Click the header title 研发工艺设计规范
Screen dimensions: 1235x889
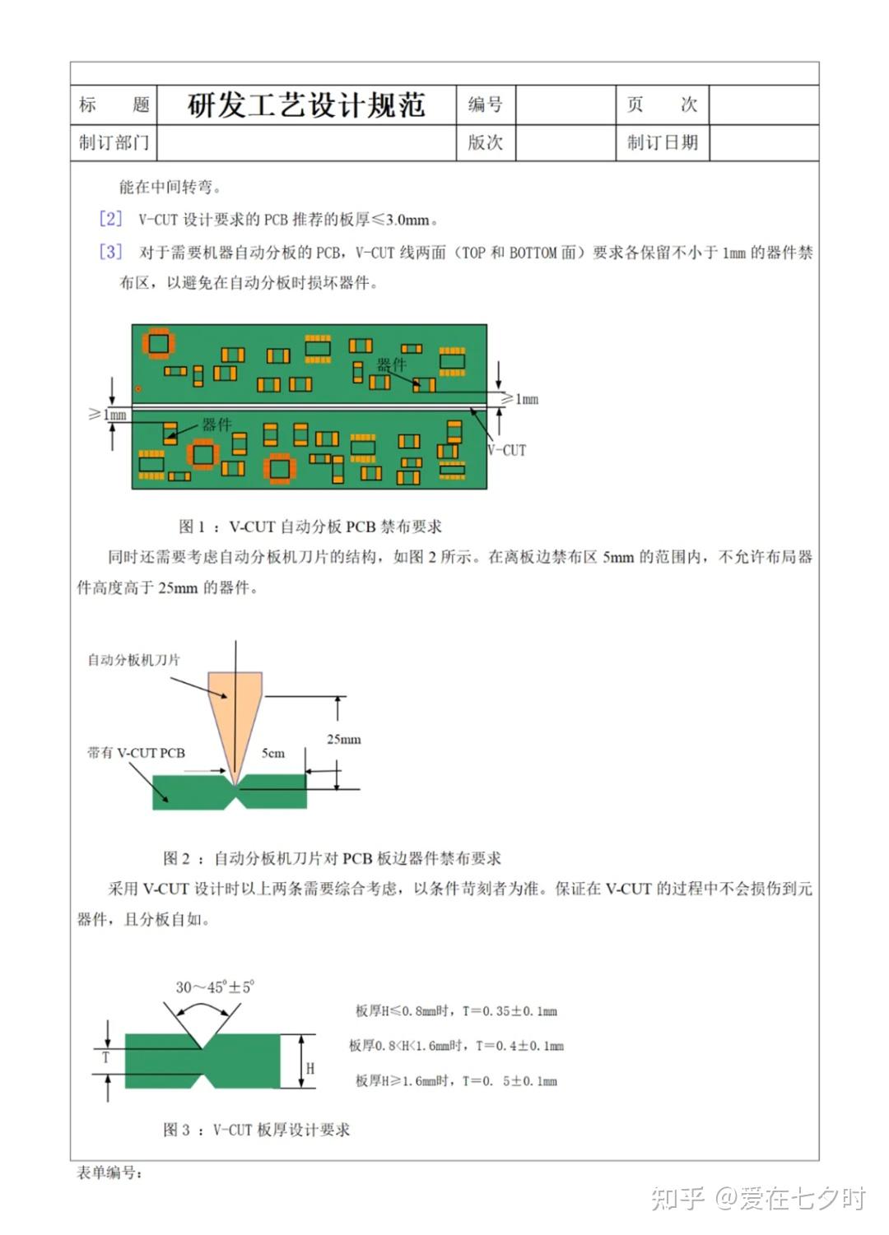pyautogui.click(x=306, y=105)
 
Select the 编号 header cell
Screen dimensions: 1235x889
pyautogui.click(x=485, y=104)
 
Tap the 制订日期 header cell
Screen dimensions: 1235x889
pyautogui.click(x=662, y=142)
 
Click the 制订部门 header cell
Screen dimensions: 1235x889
pyautogui.click(x=114, y=142)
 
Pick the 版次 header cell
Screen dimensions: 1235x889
pyautogui.click(x=485, y=142)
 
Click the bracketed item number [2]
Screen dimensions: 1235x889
pyautogui.click(x=110, y=219)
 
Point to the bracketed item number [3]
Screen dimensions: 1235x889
pyautogui.click(x=110, y=252)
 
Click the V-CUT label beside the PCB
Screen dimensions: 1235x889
pyautogui.click(x=506, y=450)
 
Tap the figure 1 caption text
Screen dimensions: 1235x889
pyautogui.click(x=310, y=527)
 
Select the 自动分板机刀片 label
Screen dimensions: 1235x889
pyautogui.click(x=133, y=660)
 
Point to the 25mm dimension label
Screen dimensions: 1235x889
pyautogui.click(x=343, y=739)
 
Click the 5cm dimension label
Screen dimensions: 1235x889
pyautogui.click(x=273, y=753)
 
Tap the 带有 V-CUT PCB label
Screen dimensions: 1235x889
pyautogui.click(x=136, y=753)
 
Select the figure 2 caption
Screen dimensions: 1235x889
pyautogui.click(x=332, y=858)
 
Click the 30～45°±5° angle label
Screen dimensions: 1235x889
pyautogui.click(x=215, y=987)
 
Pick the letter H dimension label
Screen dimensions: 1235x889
pyautogui.click(x=310, y=1068)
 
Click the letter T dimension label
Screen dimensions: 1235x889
pyautogui.click(x=105, y=1057)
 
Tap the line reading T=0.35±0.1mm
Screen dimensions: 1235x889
pyautogui.click(x=456, y=1010)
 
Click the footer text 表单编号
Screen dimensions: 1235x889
pyautogui.click(x=109, y=1172)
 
